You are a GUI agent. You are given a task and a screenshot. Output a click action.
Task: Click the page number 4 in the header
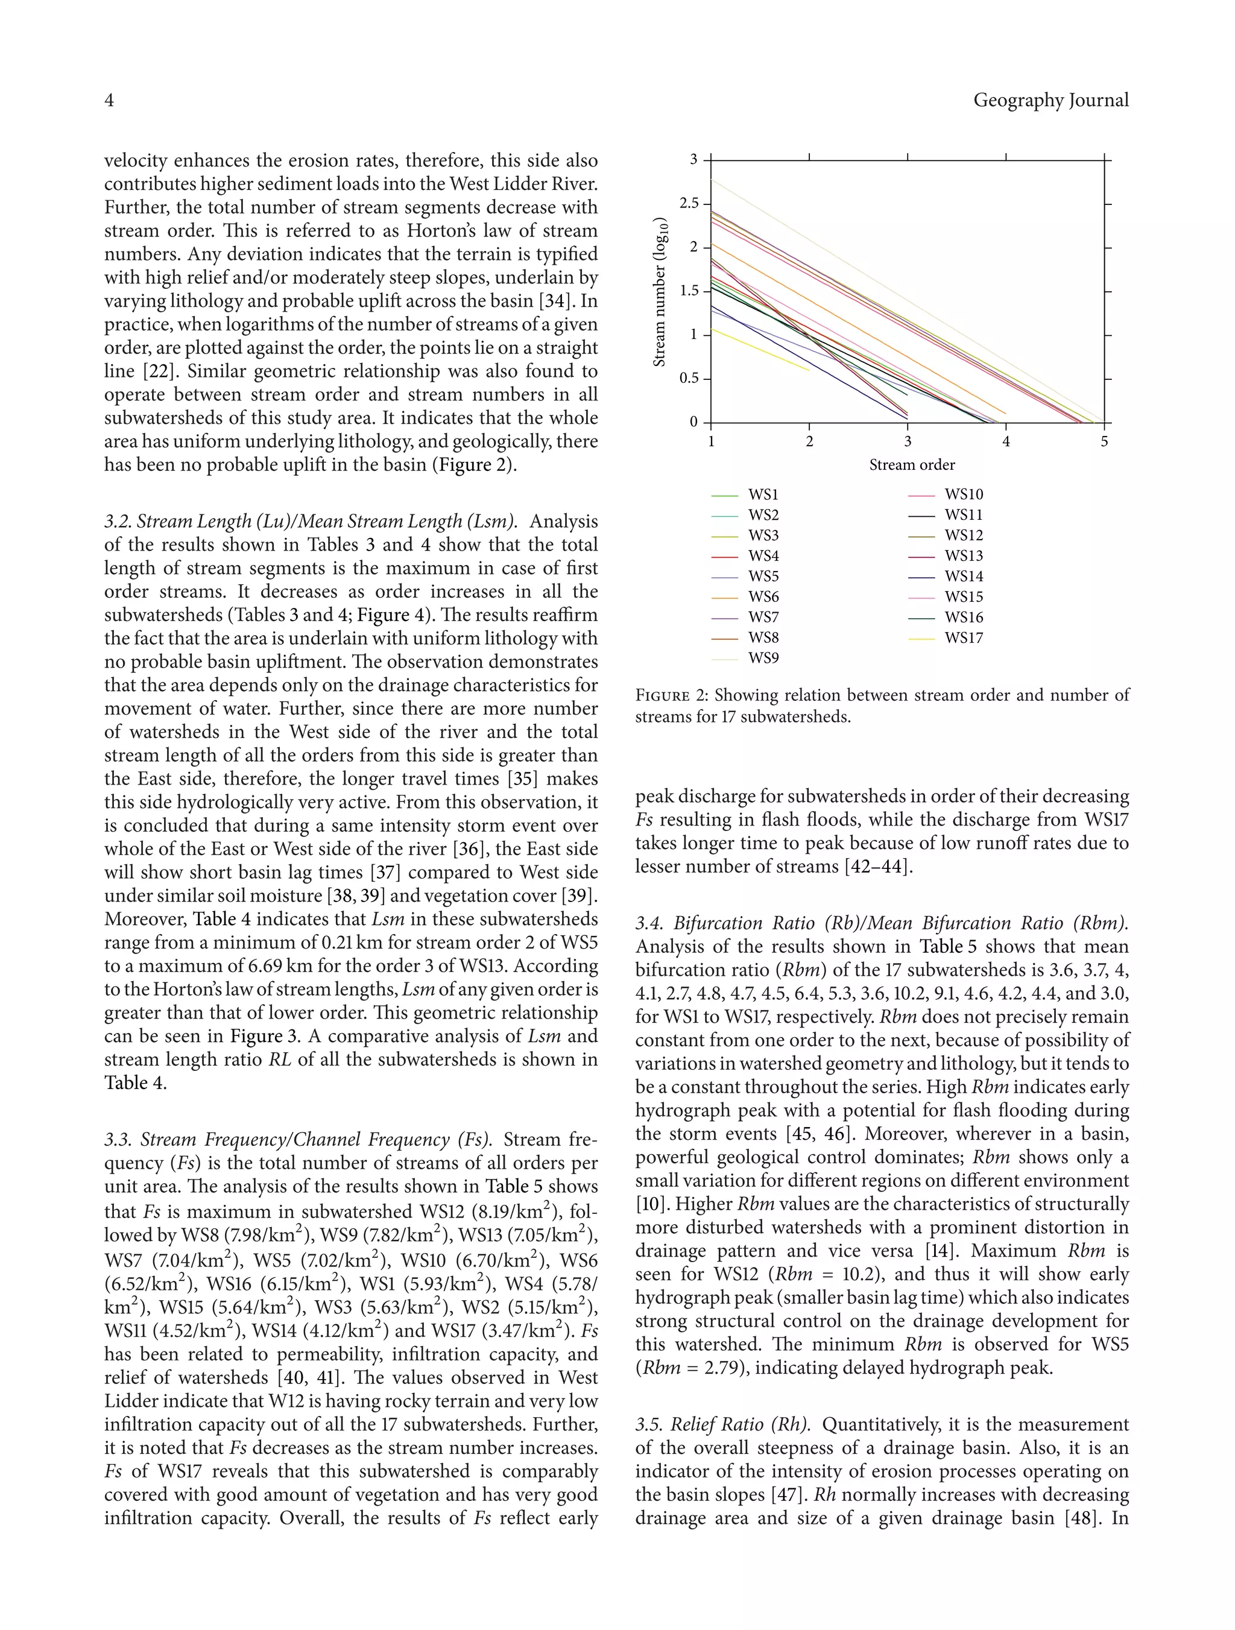coord(109,100)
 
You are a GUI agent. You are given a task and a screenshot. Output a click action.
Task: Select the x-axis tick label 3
coord(907,441)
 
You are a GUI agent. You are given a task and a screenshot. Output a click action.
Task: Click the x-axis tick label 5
coord(1104,441)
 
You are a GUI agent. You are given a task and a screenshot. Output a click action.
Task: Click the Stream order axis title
coord(912,465)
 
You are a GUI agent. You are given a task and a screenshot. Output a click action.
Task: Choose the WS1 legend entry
coord(763,494)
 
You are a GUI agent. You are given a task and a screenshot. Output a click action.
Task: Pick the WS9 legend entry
coord(763,658)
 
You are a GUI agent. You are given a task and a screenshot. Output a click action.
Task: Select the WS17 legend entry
coord(963,638)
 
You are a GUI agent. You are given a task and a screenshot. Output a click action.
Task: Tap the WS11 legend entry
coord(963,515)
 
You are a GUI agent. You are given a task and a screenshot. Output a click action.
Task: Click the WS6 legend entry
coord(763,597)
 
